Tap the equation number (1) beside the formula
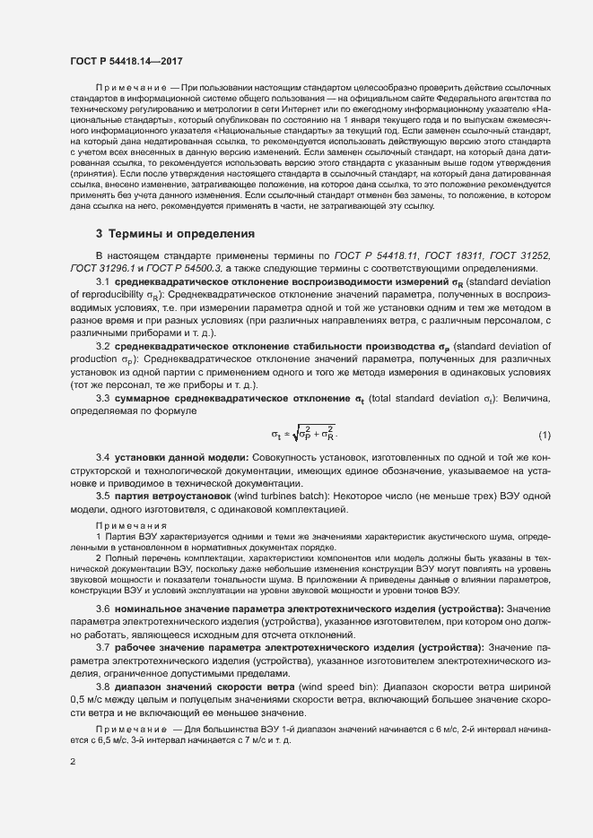point(544,436)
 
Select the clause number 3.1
point(102,282)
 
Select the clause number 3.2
point(102,346)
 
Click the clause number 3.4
point(102,458)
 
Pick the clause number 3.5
point(102,497)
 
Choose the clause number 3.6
point(102,609)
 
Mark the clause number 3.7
point(102,647)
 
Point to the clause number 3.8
point(102,686)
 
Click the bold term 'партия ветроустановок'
point(171,497)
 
